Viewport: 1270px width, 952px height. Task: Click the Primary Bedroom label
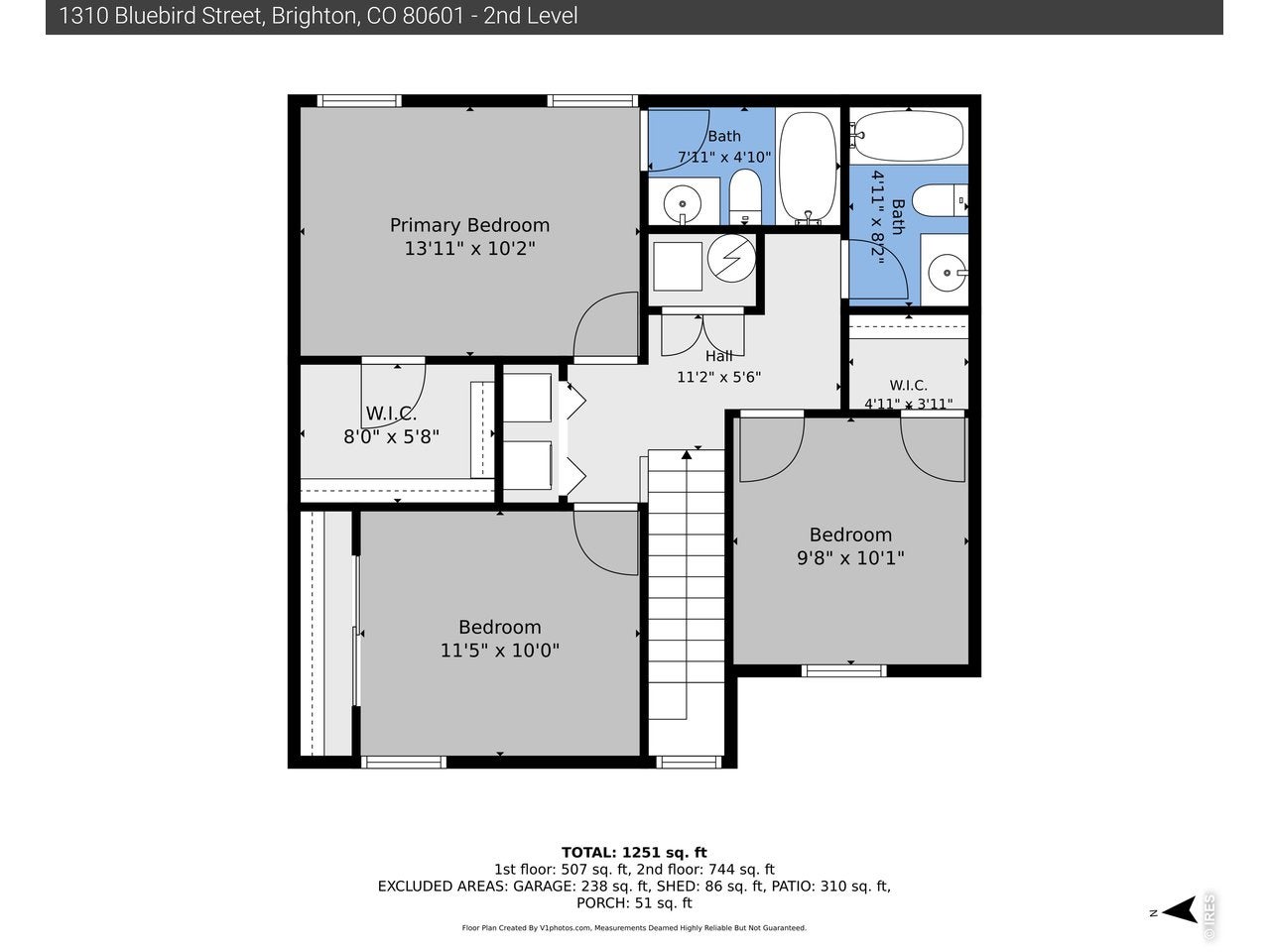[x=469, y=225]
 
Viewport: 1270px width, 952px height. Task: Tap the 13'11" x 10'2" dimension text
[x=469, y=249]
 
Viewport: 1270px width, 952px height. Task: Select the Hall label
[x=718, y=355]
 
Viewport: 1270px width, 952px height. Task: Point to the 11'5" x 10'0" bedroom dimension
[x=500, y=651]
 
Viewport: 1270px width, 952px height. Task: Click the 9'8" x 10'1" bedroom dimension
[x=850, y=557]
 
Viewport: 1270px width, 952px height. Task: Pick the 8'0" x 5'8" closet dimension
[x=391, y=436]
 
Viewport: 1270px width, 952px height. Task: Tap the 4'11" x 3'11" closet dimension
[x=908, y=404]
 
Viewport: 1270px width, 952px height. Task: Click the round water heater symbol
[x=731, y=259]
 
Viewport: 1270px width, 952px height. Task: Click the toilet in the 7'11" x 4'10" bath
[x=745, y=196]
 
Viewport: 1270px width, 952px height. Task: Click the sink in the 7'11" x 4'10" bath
[x=683, y=203]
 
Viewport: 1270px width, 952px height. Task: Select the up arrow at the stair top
[x=687, y=455]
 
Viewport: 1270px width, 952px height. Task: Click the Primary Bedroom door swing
[x=605, y=325]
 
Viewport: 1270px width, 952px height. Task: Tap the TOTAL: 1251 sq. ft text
[x=634, y=853]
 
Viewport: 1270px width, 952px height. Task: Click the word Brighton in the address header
[x=313, y=16]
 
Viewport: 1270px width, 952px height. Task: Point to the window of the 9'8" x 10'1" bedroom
[x=843, y=670]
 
